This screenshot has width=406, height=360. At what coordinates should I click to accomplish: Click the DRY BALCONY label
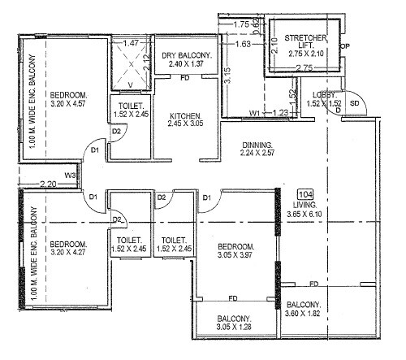pos(187,56)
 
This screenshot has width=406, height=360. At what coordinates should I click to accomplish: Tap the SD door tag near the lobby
pos(354,104)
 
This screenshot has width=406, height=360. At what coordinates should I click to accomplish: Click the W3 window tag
pos(71,175)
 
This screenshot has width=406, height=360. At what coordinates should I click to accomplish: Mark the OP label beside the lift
pos(344,46)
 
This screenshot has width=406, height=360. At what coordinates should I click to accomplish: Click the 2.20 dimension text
pos(48,185)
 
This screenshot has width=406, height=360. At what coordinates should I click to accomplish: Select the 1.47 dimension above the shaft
pos(131,42)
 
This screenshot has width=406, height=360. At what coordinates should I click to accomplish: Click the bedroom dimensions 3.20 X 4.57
pos(68,104)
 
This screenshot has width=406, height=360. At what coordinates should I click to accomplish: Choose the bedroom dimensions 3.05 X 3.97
pos(235,256)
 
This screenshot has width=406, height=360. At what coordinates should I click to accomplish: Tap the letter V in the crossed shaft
pos(132,83)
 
